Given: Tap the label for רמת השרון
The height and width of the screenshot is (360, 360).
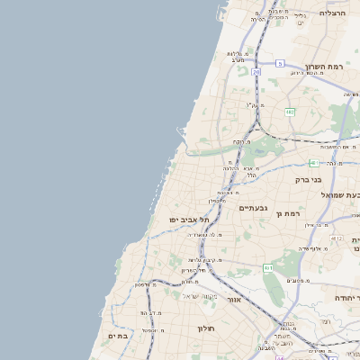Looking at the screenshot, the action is (324, 67).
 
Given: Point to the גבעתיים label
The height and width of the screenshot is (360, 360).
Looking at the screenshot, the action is (253, 208).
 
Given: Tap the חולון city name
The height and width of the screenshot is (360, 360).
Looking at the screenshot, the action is (209, 328).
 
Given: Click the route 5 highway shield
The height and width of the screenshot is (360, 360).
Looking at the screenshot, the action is (281, 63).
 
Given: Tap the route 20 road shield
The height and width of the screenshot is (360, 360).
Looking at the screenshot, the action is (256, 72).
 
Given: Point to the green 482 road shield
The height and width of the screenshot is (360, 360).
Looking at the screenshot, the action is (290, 112).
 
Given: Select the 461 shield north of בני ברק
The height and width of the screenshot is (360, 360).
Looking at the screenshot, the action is (313, 163).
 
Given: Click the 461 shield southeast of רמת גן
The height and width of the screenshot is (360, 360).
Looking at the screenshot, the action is (267, 268).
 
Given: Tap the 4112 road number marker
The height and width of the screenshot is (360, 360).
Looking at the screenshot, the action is (336, 238).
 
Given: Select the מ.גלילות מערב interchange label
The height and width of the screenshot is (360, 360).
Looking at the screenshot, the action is (237, 55).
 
